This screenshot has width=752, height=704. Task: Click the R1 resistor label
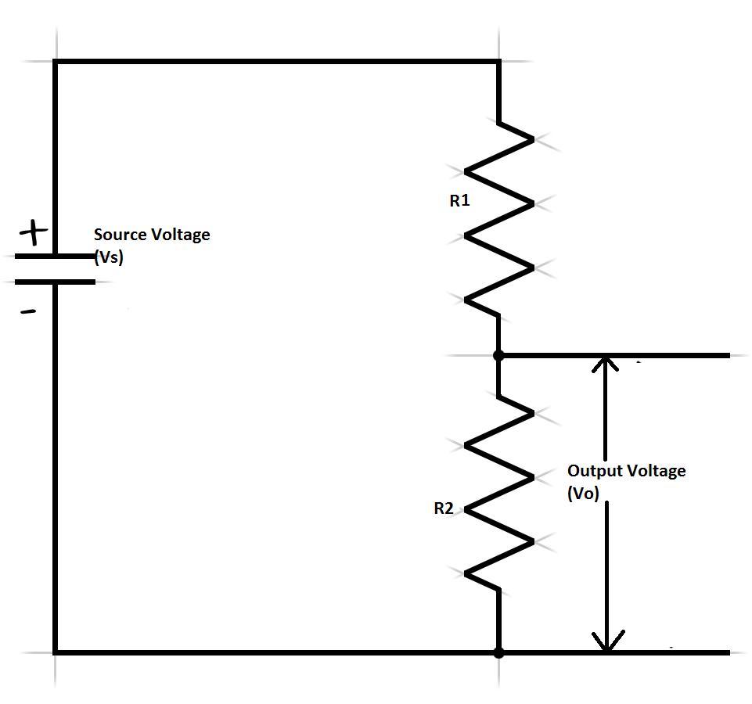point(459,201)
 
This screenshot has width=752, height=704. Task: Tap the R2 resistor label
point(444,508)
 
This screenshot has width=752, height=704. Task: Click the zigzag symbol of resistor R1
point(498,219)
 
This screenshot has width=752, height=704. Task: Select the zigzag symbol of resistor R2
point(498,493)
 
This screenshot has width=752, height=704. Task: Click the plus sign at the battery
point(33,232)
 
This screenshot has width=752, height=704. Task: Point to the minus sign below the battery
point(28,311)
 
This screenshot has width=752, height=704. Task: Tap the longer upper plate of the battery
point(55,256)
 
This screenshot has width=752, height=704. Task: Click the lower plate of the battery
point(55,282)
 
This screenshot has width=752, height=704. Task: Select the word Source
point(120,234)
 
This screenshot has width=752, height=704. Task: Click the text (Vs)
point(108,257)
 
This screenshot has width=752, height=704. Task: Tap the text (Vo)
point(583,494)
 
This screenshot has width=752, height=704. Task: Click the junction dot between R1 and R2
point(498,355)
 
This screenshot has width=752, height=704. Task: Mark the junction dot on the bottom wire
point(498,652)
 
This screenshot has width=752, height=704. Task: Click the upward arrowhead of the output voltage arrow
point(606,364)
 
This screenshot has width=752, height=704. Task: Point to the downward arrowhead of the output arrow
point(606,641)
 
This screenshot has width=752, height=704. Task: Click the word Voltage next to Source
point(180,234)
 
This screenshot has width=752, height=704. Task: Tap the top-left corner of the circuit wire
point(55,61)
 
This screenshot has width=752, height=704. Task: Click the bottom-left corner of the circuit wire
point(55,652)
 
